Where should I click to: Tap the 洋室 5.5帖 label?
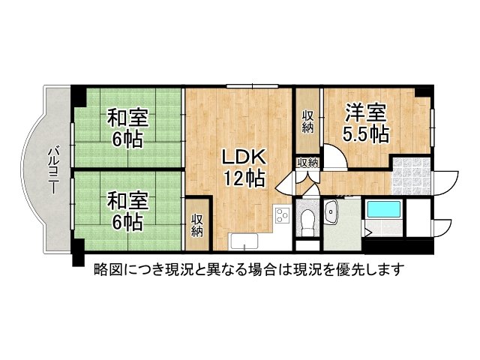(365, 124)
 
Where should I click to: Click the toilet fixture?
(306, 221)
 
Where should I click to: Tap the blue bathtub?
(385, 217)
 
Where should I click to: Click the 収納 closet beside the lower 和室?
(197, 225)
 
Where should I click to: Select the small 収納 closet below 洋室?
(307, 162)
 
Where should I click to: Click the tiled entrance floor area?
(412, 177)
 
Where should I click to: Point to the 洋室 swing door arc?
(334, 157)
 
